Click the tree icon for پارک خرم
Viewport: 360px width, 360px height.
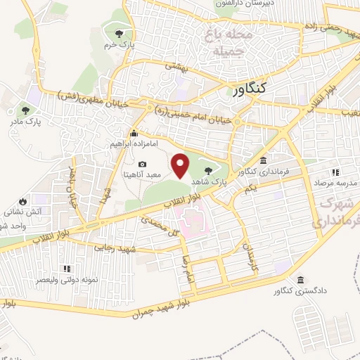(120, 33)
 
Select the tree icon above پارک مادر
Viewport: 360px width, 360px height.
(26, 110)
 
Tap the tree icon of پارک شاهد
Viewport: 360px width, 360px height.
(208, 169)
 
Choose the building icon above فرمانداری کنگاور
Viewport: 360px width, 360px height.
(263, 160)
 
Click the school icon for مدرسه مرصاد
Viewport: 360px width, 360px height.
(335, 172)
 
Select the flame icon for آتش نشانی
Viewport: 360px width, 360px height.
(22, 200)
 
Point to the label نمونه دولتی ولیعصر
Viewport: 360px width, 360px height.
(67, 279)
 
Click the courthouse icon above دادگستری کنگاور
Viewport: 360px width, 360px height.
(302, 280)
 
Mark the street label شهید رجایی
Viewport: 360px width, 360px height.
(115, 250)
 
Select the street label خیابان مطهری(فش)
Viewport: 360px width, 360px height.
(93, 97)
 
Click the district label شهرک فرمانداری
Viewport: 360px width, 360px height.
(338, 212)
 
